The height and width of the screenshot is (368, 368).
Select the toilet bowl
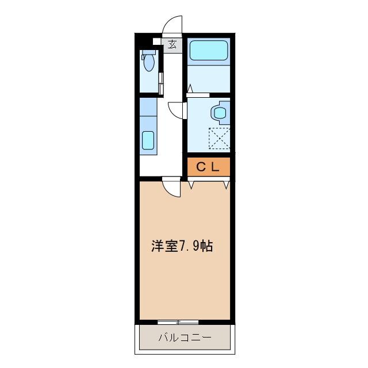[148, 62]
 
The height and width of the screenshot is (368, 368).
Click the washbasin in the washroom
[219, 112]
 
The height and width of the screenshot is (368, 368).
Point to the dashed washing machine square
[219, 138]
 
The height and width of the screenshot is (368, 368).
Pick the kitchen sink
[148, 140]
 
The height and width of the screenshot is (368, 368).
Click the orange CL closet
[209, 167]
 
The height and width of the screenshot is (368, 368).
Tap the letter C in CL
[202, 167]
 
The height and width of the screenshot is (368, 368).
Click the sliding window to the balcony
[179, 321]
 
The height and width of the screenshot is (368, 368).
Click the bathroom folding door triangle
[189, 88]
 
